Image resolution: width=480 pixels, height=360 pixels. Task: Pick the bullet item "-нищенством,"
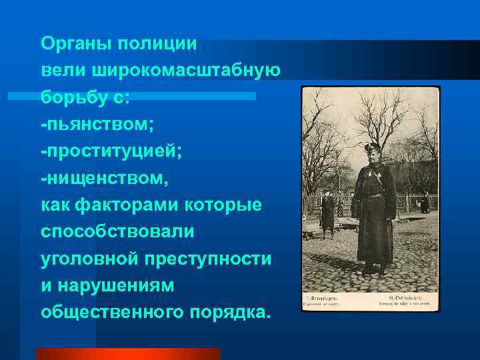pos(105,178)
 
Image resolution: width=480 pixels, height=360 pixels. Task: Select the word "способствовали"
pos(117,231)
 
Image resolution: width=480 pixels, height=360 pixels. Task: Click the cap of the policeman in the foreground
pos(371,147)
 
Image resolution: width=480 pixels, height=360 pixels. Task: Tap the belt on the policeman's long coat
pos(375,195)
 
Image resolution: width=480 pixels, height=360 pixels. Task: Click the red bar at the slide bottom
pos(127,353)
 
